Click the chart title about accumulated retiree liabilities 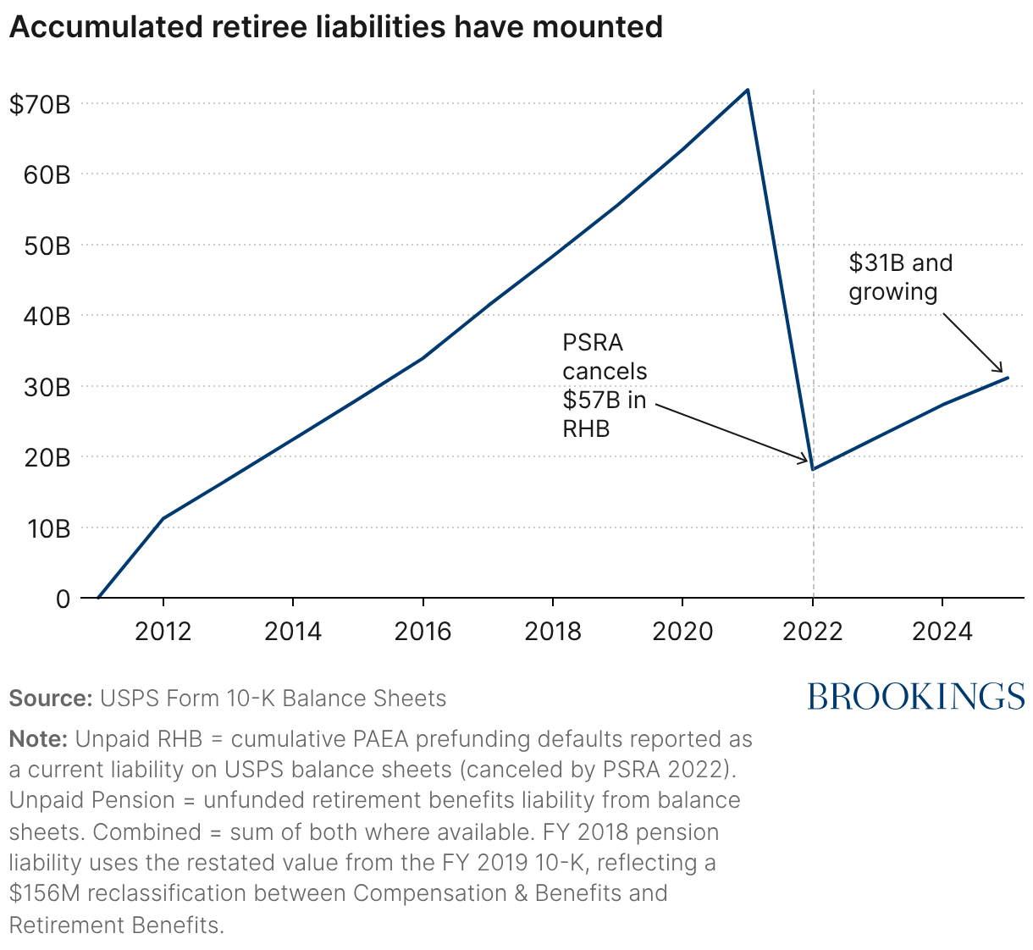point(335,27)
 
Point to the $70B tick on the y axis point(39,104)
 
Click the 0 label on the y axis point(63,599)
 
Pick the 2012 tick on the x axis point(163,632)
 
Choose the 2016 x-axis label point(423,632)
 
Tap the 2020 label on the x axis point(682,632)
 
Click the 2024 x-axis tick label point(942,632)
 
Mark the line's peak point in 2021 point(748,90)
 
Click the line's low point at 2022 point(813,469)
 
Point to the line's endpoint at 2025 point(1008,378)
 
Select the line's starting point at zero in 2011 point(98,598)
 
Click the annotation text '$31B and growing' point(900,277)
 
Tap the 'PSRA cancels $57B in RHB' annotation point(605,385)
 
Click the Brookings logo point(915,696)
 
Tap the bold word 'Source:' point(50,699)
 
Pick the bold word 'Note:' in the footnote point(38,739)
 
